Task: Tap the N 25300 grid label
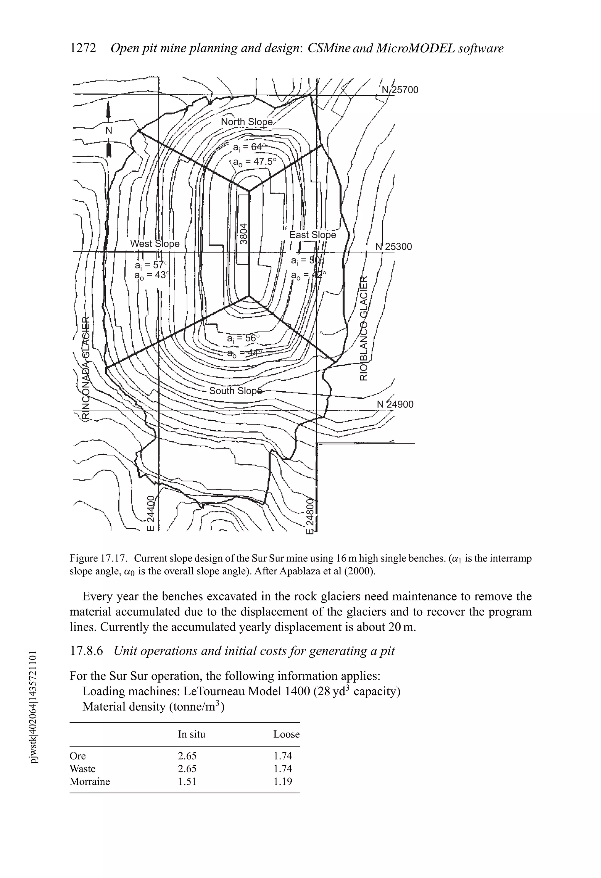(394, 247)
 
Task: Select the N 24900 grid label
(395, 404)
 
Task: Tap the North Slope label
(247, 122)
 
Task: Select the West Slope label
(155, 244)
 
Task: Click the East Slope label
(312, 235)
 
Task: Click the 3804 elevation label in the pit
(244, 234)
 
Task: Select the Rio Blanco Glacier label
(364, 328)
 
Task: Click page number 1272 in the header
(83, 48)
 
